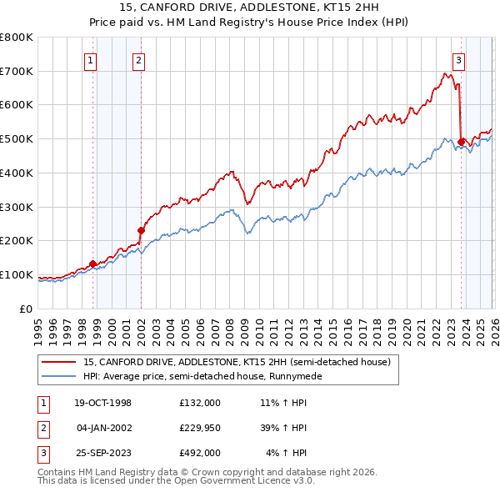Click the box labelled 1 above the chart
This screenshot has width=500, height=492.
(89, 59)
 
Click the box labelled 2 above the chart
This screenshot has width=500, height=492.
(137, 59)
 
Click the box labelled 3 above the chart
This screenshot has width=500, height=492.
(458, 59)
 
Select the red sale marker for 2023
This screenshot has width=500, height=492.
(461, 142)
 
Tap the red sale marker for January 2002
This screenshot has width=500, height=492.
(141, 230)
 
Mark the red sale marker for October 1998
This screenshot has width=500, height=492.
(93, 264)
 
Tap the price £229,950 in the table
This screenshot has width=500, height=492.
(199, 428)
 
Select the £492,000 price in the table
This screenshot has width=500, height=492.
(199, 453)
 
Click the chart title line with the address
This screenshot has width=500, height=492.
(249, 9)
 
